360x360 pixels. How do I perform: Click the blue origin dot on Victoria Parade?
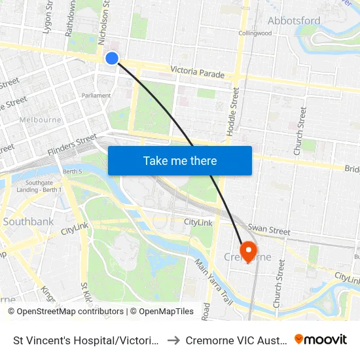pyautogui.click(x=112, y=58)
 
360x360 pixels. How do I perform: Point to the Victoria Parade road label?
pyautogui.click(x=197, y=71)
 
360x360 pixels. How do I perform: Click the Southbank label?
pyautogui.click(x=28, y=222)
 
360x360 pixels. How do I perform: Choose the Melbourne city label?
pyautogui.click(x=41, y=120)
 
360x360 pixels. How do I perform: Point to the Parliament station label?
pyautogui.click(x=96, y=96)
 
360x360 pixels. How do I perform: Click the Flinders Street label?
pyautogui.click(x=73, y=145)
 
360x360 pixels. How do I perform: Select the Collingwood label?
pyautogui.click(x=255, y=33)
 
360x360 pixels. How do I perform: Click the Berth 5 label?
pyautogui.click(x=73, y=171)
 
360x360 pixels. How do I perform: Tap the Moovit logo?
pyautogui.click(x=321, y=339)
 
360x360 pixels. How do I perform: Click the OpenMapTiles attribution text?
pyautogui.click(x=164, y=312)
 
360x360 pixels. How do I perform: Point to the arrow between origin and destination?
pyautogui.click(x=174, y=340)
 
